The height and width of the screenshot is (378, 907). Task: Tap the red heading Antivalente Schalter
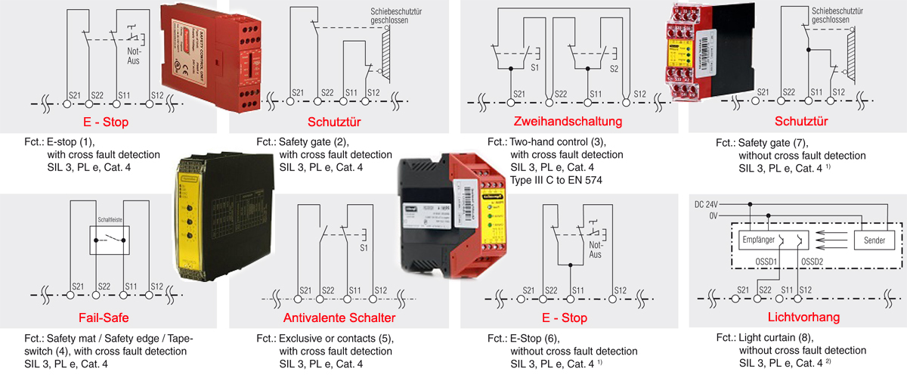pos(333,317)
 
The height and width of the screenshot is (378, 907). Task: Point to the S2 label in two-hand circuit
pos(614,67)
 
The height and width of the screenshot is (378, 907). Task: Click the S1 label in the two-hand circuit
pos(535,67)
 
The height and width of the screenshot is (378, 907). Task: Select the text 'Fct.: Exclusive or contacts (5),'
pos(324,338)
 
